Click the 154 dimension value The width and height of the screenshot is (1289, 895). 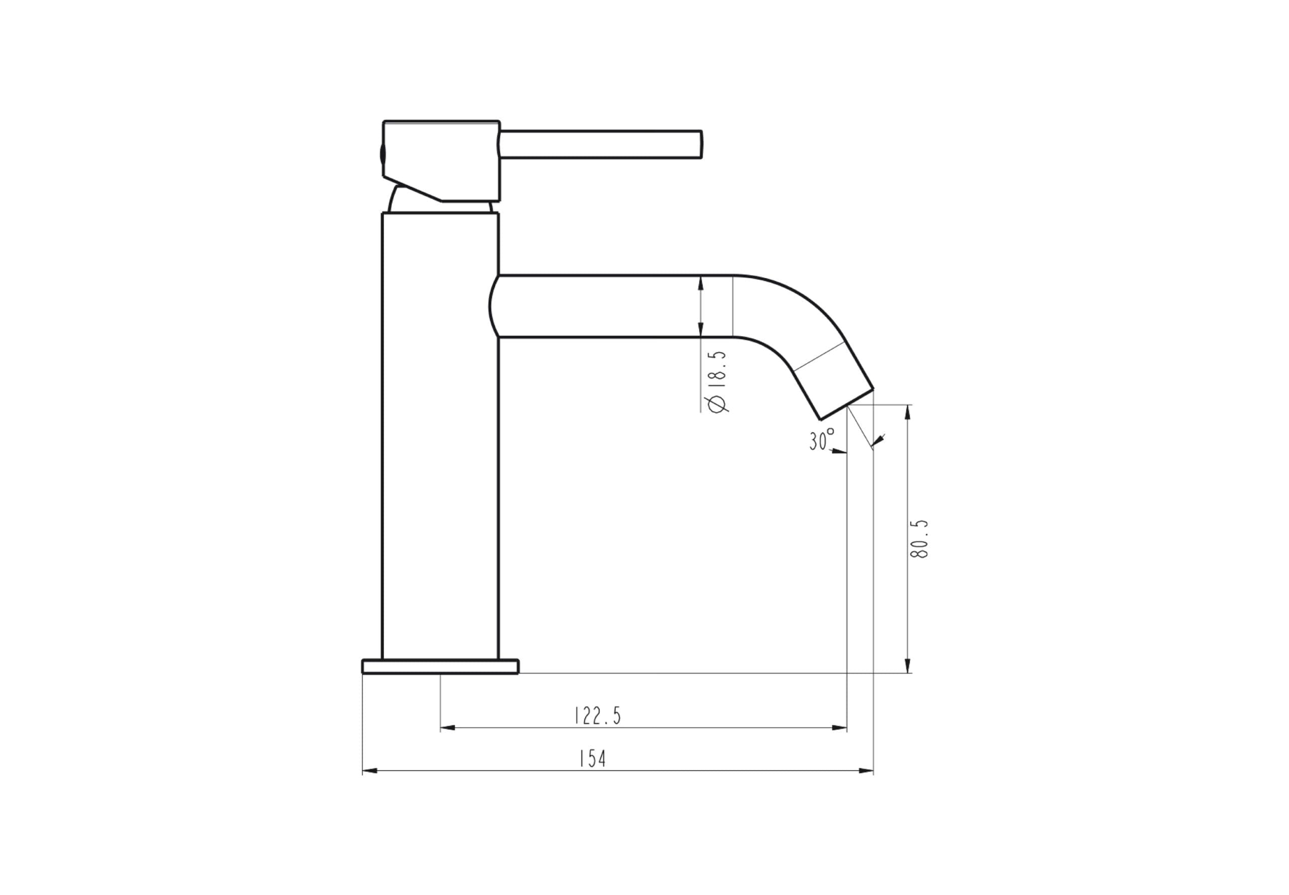(x=592, y=759)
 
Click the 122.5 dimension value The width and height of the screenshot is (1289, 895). (x=598, y=716)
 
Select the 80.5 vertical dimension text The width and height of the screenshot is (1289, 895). (x=919, y=538)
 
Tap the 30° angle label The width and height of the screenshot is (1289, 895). (x=821, y=440)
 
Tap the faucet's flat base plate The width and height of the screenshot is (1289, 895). (x=440, y=666)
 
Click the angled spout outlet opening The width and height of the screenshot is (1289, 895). (x=846, y=404)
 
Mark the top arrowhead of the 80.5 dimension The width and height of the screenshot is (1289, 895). (x=908, y=411)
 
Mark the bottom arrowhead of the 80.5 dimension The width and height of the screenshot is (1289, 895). (x=908, y=666)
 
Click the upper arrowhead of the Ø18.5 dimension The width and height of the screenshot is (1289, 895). (x=700, y=283)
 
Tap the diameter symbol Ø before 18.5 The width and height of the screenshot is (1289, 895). (x=717, y=404)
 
